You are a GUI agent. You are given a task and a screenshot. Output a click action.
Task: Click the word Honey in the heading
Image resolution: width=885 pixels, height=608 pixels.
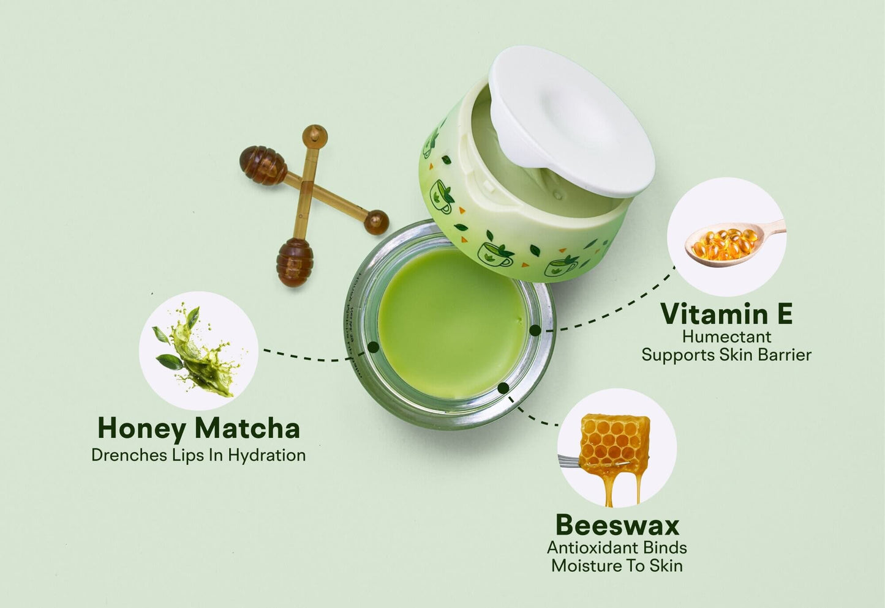tap(141, 428)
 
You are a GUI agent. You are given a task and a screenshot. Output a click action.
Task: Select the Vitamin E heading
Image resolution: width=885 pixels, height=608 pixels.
tap(726, 314)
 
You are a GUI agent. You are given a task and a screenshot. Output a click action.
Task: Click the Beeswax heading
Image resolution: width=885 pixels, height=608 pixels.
tap(617, 525)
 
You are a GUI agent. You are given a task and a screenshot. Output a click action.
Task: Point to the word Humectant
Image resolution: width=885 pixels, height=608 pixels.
tap(726, 336)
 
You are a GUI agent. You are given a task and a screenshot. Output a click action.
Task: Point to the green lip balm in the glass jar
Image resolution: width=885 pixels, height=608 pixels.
tap(450, 322)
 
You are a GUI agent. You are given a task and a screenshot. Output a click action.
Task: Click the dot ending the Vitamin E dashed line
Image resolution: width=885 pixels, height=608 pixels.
tap(535, 330)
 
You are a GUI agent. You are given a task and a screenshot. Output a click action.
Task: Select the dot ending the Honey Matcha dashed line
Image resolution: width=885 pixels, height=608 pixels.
tap(373, 347)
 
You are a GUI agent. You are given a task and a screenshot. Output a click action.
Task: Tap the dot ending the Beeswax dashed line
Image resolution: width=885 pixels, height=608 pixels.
tap(503, 388)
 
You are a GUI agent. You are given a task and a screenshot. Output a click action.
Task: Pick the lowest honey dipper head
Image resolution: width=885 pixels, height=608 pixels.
tap(295, 262)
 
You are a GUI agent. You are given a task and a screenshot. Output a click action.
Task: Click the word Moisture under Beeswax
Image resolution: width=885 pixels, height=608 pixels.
tap(588, 566)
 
